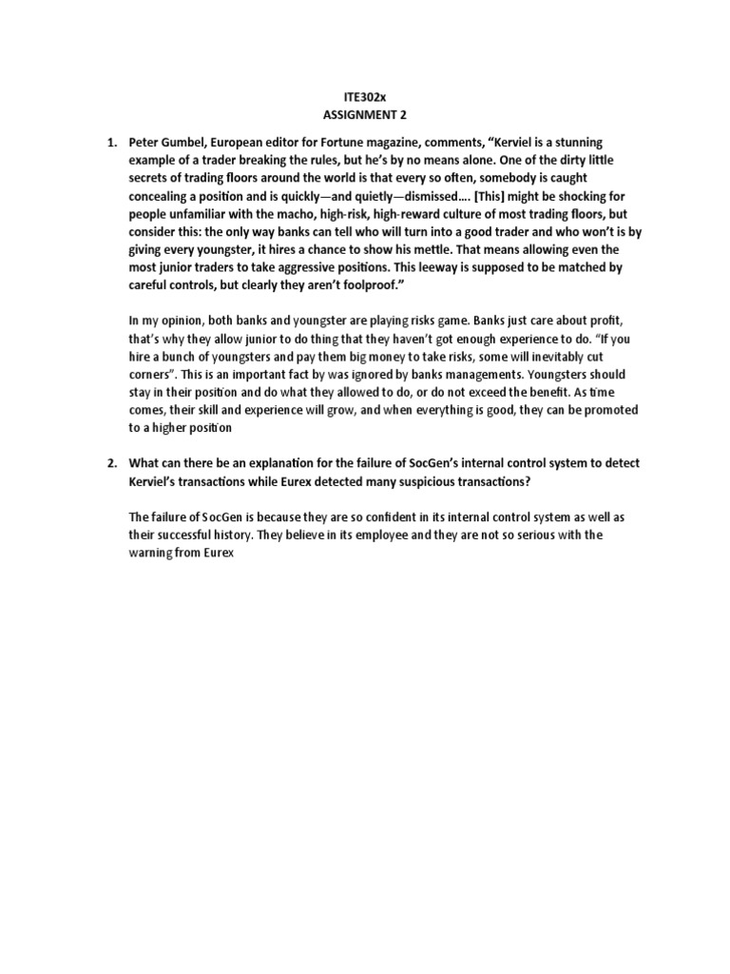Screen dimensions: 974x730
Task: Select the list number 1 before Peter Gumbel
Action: pos(112,142)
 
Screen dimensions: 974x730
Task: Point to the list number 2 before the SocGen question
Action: pos(112,463)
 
